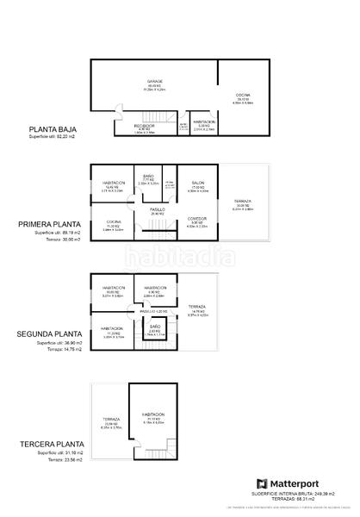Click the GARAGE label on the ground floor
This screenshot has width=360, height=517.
tap(154, 82)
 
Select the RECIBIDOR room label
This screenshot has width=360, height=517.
tap(144, 126)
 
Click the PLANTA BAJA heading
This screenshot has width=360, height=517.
tap(54, 130)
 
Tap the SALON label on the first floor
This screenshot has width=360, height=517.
tap(197, 183)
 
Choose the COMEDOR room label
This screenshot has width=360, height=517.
tap(197, 219)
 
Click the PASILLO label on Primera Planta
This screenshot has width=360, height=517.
tap(158, 209)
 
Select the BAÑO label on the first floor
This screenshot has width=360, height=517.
tap(148, 176)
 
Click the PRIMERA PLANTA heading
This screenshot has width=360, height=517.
tap(56, 226)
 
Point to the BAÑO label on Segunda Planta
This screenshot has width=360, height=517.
tap(154, 327)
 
